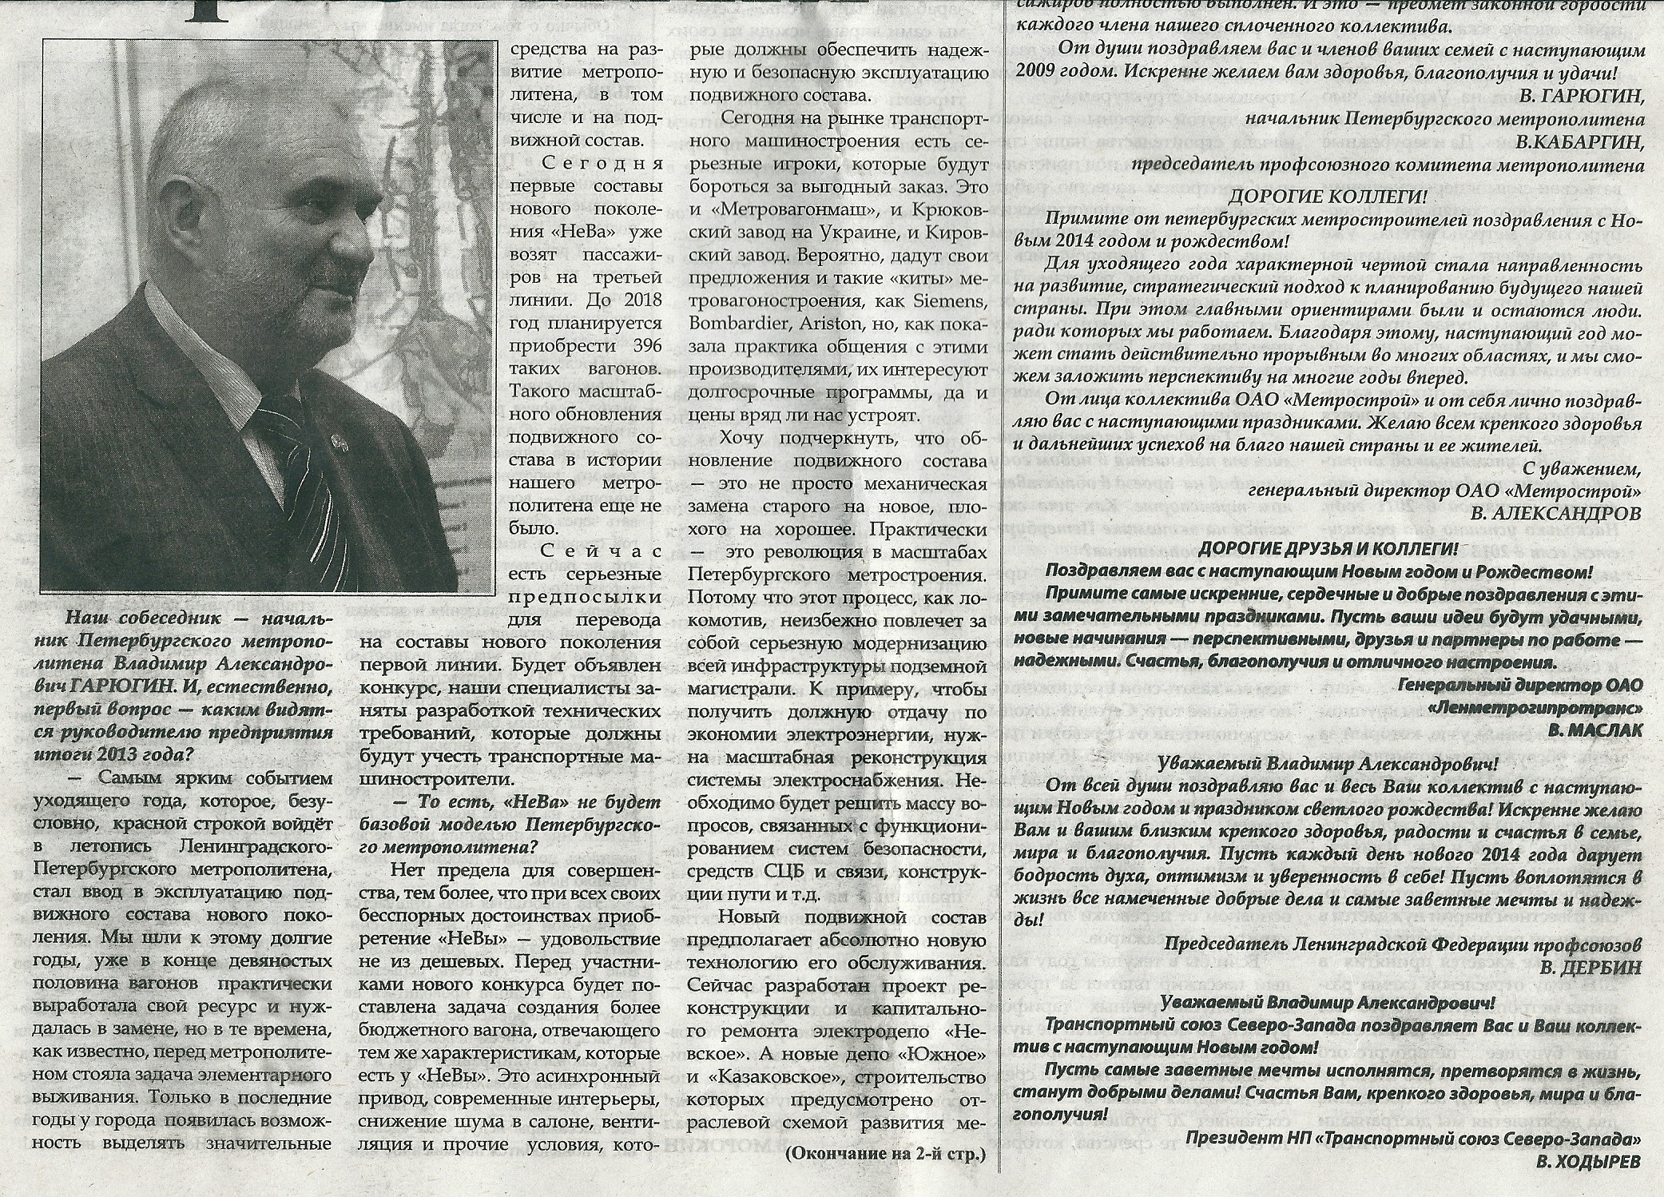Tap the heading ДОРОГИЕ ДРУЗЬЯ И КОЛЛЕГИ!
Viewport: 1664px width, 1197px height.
click(x=1328, y=550)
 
